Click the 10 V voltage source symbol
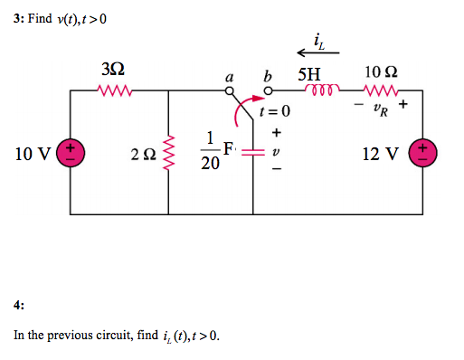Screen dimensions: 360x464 (x=70, y=152)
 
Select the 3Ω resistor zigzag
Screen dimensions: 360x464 (x=116, y=90)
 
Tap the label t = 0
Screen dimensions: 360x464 (x=275, y=112)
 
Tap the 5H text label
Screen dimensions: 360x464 (x=308, y=72)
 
